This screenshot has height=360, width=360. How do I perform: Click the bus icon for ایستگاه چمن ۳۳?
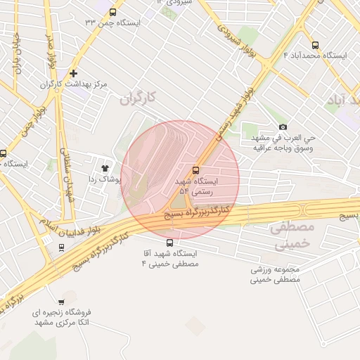[x=113, y=12]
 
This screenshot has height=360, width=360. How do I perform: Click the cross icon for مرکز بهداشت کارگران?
[x=73, y=73]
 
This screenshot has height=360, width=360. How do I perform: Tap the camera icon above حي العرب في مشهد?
[x=283, y=127]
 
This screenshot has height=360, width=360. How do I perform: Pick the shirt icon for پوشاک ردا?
[x=105, y=168]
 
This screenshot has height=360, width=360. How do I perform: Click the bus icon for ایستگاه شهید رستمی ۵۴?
[x=195, y=169]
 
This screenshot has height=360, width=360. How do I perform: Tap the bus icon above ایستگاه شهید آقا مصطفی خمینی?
[x=169, y=243]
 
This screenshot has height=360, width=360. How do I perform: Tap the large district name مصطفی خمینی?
[x=290, y=236]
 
